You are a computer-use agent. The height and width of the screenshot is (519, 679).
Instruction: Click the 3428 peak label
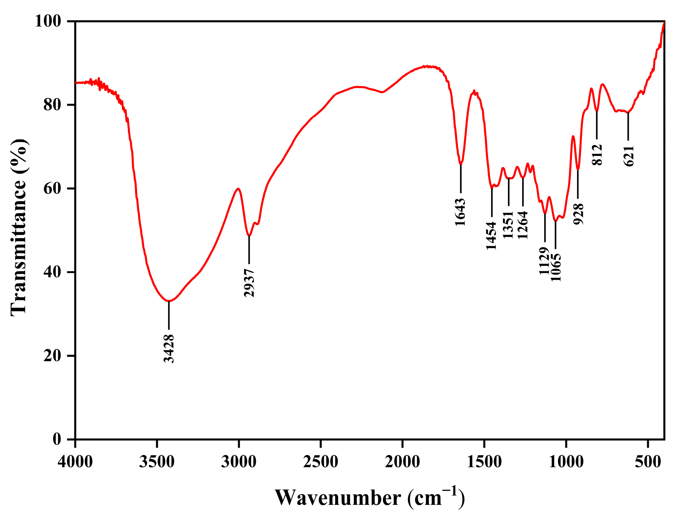tap(169, 349)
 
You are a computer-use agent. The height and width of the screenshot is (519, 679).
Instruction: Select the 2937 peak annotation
tap(249, 283)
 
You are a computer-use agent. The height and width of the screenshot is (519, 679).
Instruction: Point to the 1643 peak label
tap(460, 212)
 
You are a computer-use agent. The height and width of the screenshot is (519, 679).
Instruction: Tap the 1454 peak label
tap(491, 236)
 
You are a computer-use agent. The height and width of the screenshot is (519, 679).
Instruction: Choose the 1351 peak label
tap(508, 225)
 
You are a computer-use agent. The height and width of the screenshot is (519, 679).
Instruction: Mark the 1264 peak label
tap(523, 225)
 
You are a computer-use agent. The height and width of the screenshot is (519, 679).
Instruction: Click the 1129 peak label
tap(544, 261)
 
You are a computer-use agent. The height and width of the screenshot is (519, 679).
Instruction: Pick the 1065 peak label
tap(556, 267)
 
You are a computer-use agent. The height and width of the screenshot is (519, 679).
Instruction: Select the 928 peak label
tap(578, 214)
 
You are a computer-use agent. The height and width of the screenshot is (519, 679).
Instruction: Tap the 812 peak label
tap(597, 155)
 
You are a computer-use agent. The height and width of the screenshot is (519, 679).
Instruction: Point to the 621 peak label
tap(629, 156)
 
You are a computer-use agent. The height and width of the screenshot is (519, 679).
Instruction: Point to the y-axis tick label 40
tap(52, 272)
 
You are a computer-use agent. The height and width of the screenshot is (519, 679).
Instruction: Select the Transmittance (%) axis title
tap(19, 227)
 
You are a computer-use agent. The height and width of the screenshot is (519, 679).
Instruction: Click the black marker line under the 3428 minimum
tap(169, 315)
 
